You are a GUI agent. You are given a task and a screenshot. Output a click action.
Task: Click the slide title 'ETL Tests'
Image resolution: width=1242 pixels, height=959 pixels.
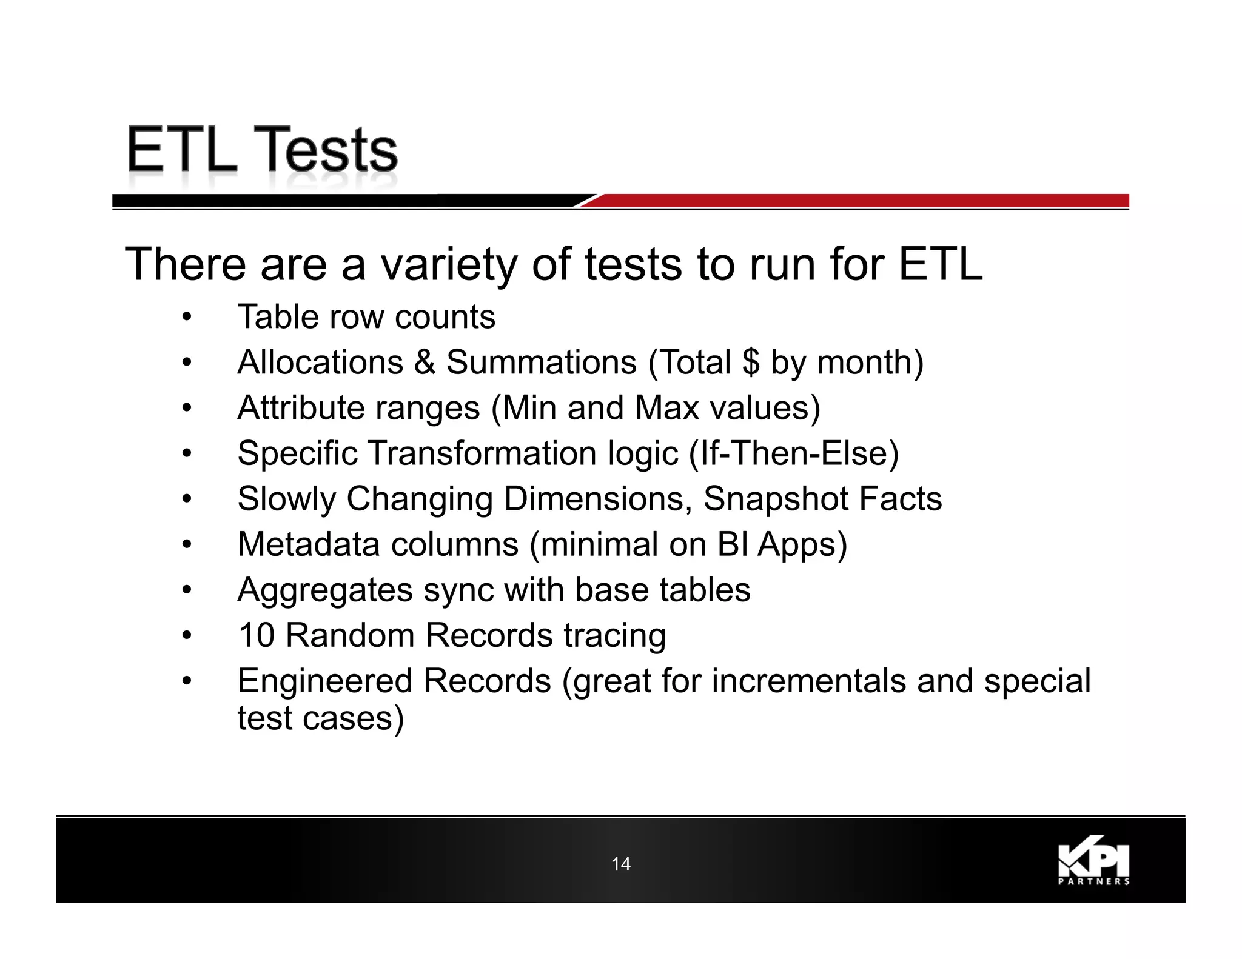[x=262, y=150]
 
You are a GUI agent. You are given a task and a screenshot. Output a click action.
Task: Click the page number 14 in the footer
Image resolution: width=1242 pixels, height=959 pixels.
[x=620, y=864]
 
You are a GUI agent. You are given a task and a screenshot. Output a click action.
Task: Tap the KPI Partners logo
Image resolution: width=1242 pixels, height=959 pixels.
[x=1093, y=863]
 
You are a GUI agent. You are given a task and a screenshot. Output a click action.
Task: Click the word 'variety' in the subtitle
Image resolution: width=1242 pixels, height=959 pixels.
[x=448, y=265]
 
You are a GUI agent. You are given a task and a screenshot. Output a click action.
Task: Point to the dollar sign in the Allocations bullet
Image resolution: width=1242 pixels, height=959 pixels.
[x=750, y=363]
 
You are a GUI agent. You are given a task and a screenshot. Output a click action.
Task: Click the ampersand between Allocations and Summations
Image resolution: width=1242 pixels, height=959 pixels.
[x=425, y=363]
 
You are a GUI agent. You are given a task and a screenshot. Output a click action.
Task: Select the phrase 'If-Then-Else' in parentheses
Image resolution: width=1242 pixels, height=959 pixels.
[x=794, y=453]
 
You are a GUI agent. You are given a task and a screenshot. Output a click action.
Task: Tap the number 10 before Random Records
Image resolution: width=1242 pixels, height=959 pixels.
[x=257, y=635]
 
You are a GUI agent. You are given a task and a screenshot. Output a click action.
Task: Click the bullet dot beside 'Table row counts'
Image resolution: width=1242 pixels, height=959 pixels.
[x=187, y=317]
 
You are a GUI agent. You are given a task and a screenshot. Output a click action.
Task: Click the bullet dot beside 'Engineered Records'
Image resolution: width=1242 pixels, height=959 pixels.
[x=187, y=681]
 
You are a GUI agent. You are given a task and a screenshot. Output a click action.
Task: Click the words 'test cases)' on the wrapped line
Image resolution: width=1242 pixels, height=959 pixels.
[x=320, y=718]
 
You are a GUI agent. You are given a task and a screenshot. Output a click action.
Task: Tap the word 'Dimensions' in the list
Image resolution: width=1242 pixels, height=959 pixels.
[x=598, y=499]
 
